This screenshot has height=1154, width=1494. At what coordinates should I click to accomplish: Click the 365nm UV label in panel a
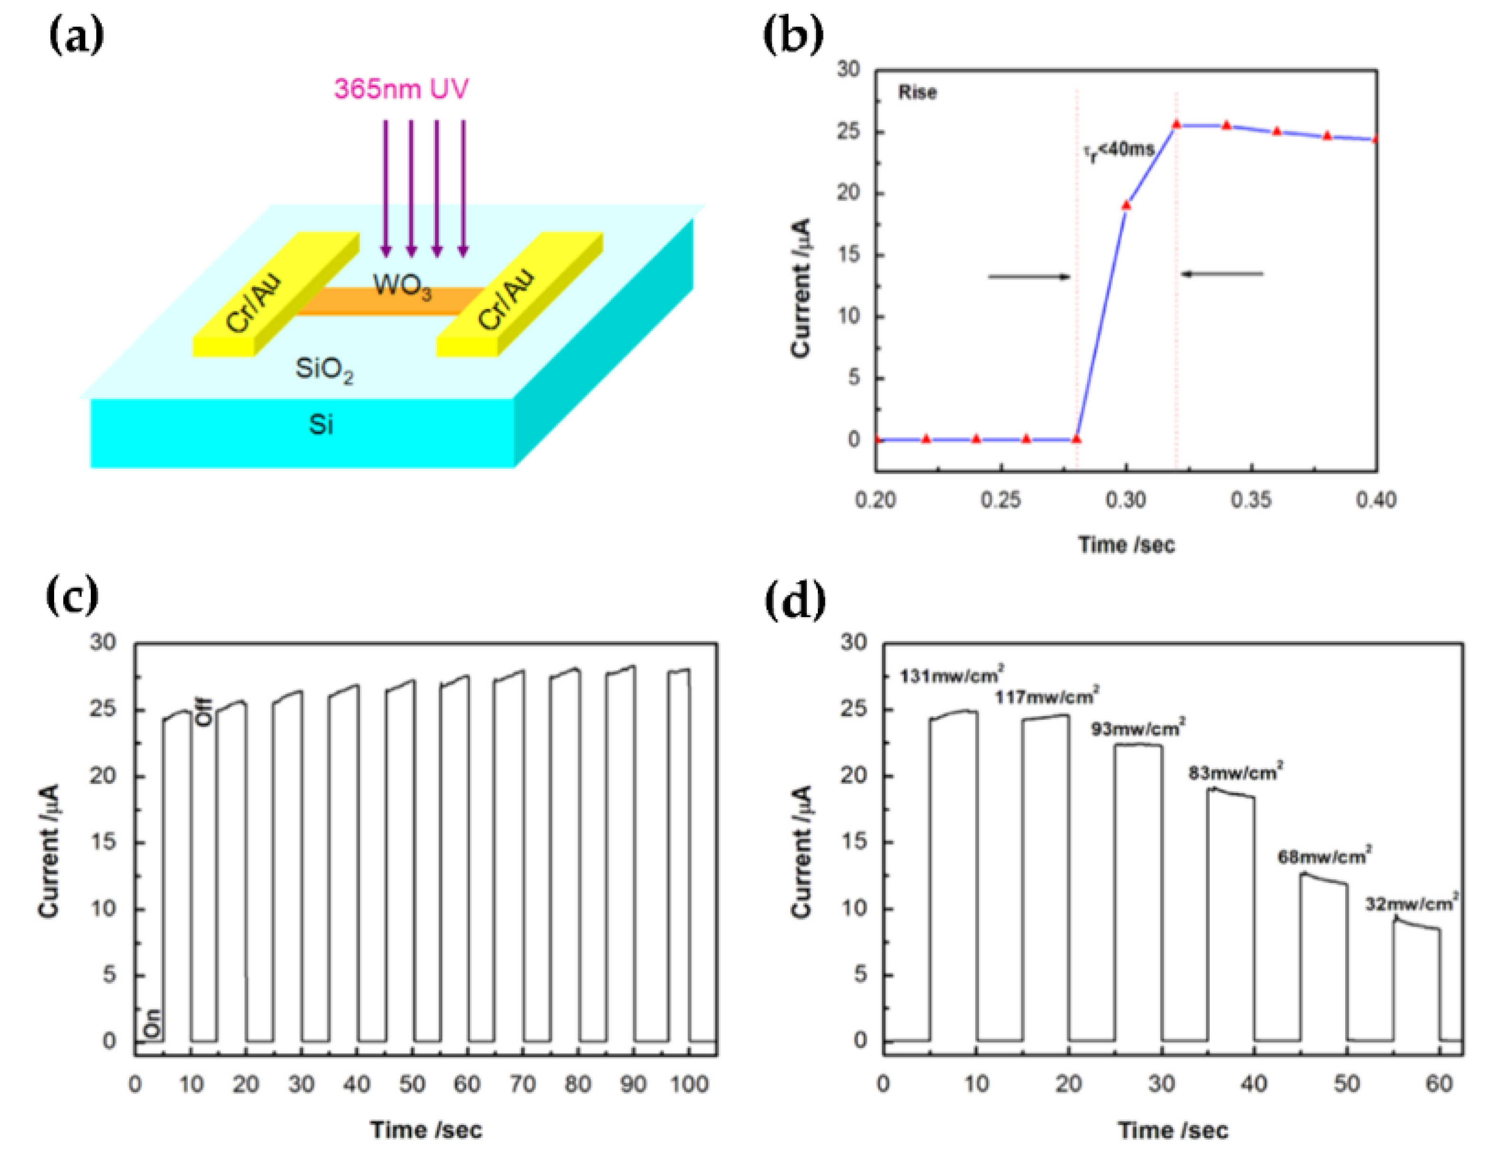tap(401, 89)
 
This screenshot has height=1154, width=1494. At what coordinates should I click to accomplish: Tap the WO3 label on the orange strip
tap(402, 286)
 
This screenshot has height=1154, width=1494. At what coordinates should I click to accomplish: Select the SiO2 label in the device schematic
tap(324, 370)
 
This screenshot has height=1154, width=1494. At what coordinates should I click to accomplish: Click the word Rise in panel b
tap(917, 92)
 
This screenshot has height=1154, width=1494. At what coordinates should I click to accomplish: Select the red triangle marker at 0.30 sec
tap(1126, 204)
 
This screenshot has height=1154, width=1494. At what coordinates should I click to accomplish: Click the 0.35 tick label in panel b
tap(1251, 500)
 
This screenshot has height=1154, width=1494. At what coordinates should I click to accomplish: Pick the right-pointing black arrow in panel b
tap(1029, 276)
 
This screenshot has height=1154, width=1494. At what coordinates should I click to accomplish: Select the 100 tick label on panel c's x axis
tap(689, 1084)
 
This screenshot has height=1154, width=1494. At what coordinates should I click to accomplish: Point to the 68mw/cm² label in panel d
tap(1324, 856)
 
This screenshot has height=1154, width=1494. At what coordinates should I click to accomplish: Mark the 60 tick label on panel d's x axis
tap(1439, 1084)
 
